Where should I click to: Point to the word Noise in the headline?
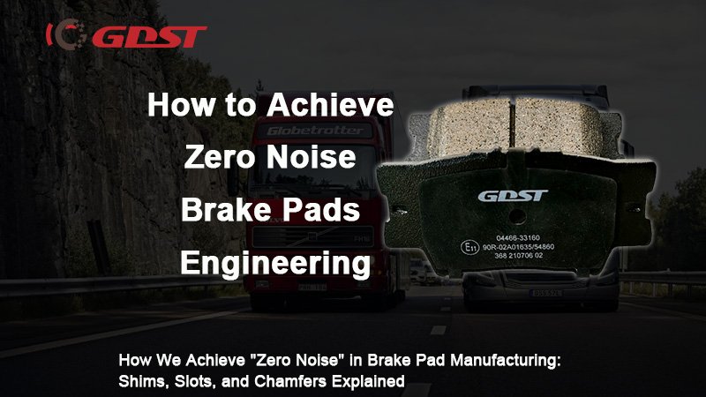[x=308, y=158]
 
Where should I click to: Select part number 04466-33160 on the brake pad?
[x=519, y=236]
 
